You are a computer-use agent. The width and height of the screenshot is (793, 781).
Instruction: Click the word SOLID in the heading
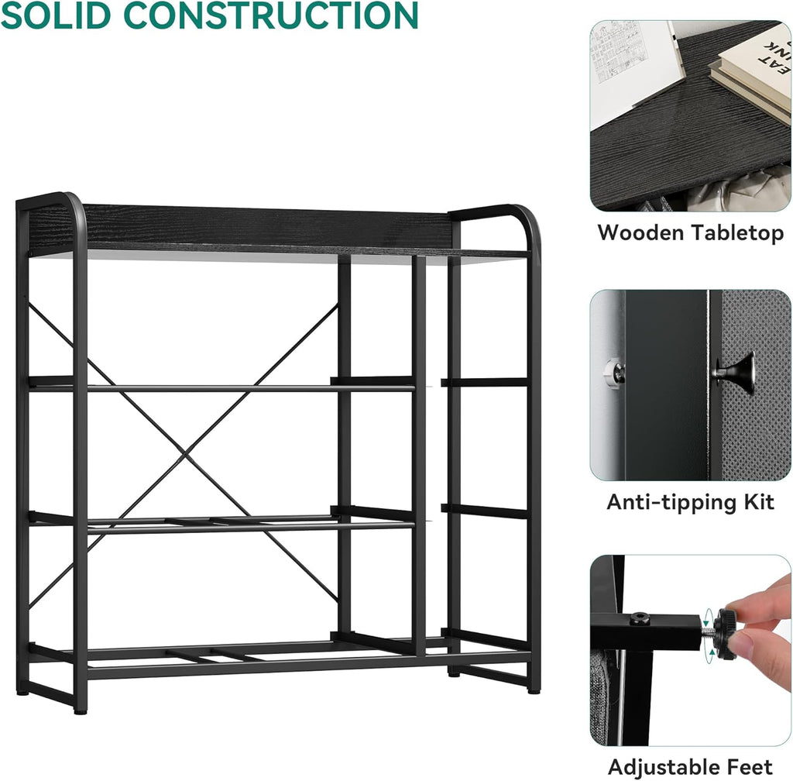(56, 15)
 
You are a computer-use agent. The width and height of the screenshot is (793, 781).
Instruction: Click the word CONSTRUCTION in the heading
(271, 15)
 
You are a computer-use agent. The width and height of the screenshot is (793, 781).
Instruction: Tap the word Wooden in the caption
(640, 232)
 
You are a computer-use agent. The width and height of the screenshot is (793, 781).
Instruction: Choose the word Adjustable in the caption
(664, 767)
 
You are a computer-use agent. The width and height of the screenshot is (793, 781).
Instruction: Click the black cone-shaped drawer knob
(736, 372)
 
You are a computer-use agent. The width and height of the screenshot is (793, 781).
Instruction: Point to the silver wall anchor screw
(614, 373)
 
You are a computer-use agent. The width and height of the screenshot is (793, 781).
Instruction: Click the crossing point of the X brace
(185, 454)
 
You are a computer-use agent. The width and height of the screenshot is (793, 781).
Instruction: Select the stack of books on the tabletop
(753, 71)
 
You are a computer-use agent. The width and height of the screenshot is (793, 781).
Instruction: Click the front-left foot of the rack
(80, 710)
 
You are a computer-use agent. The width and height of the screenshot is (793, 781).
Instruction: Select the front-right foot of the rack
(534, 690)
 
